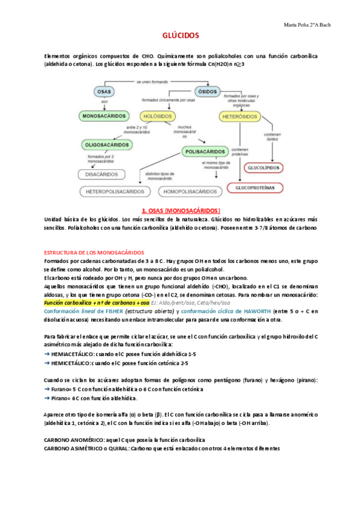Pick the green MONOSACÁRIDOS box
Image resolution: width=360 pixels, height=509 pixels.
tap(104, 115)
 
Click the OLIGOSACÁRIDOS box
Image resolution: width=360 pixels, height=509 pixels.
tap(107, 144)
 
